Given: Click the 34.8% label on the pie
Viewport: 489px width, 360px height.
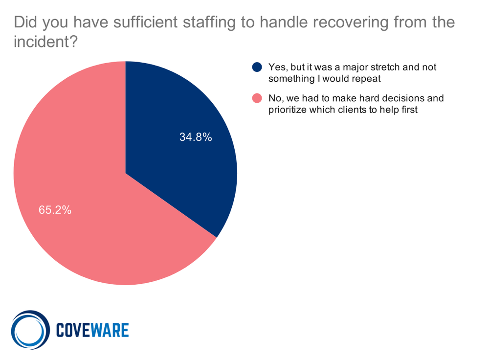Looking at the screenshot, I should point(196,137).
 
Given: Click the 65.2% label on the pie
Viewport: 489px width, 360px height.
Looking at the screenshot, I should point(55,210).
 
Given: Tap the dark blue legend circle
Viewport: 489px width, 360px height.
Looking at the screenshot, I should point(257,67).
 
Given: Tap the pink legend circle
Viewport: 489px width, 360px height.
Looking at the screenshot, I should point(257,98).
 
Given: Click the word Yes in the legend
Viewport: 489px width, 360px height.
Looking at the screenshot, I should point(276,67).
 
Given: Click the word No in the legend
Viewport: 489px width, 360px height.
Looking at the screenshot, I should point(274,98).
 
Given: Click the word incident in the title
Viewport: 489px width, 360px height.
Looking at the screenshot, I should point(42,43).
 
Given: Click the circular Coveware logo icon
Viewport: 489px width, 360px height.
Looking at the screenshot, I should point(30,330).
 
